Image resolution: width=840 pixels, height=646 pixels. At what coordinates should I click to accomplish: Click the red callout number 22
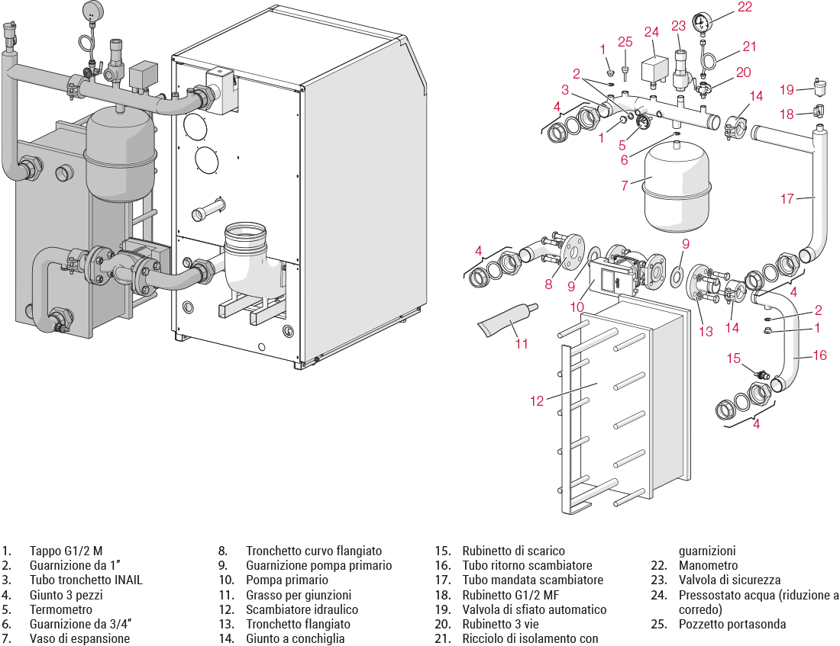(x=745, y=8)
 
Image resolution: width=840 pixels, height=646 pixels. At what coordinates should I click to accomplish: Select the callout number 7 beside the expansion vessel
(x=625, y=185)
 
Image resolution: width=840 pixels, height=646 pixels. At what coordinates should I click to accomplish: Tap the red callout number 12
(x=538, y=400)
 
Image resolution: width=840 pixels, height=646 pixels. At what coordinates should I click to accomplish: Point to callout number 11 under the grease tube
(x=522, y=343)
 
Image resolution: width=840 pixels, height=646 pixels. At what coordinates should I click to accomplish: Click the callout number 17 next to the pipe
(x=787, y=199)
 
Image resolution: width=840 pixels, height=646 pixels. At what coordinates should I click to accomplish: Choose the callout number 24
(x=651, y=32)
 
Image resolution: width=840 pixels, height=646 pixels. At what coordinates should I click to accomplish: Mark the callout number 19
(x=787, y=90)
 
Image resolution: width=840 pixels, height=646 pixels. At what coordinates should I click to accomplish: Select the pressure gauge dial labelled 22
(x=703, y=21)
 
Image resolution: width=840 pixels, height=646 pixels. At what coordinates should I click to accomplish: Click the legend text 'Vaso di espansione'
(x=79, y=638)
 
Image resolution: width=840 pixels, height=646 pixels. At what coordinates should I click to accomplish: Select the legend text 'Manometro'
(x=708, y=565)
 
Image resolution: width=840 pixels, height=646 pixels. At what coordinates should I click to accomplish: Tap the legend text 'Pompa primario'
(x=286, y=580)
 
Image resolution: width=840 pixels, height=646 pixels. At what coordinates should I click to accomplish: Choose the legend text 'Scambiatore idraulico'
(x=302, y=609)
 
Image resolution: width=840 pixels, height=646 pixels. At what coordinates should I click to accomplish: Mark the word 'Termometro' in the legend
(x=60, y=609)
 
